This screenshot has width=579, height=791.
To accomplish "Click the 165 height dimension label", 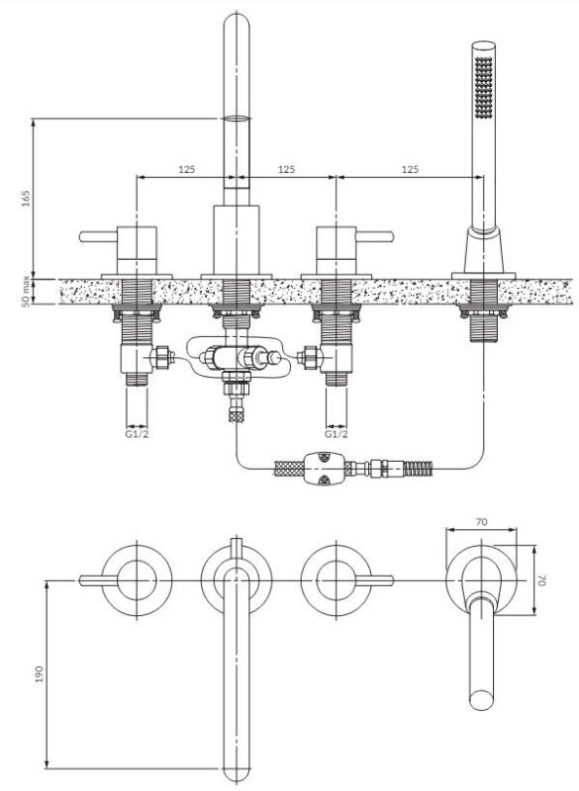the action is click(x=27, y=199).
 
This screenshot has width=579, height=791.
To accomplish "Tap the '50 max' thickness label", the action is click(x=26, y=293).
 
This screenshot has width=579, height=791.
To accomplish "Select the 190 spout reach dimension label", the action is click(x=39, y=674).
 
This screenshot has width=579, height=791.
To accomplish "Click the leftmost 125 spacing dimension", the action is click(x=186, y=169).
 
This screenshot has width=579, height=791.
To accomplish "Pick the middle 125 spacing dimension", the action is click(x=286, y=169).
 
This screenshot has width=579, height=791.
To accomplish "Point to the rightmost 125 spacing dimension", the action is click(x=410, y=169).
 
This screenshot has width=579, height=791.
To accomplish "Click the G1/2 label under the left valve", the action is click(x=138, y=433).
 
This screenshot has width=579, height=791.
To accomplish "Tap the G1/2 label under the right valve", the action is click(x=337, y=433).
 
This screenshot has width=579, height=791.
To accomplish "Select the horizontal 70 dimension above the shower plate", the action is click(x=482, y=522).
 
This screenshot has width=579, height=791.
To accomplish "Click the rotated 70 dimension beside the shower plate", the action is click(x=542, y=580).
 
